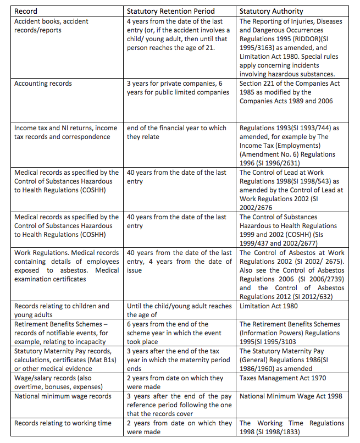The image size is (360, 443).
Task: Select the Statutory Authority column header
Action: coord(269,10)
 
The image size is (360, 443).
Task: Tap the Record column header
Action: coord(26,10)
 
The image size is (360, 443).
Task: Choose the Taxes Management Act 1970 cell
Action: coord(283,378)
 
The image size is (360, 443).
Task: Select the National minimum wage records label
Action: coord(63,396)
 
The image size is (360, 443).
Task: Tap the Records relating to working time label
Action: coord(63,423)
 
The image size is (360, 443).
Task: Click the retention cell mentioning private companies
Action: coord(178,87)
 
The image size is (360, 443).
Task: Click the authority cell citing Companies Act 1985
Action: coord(290,92)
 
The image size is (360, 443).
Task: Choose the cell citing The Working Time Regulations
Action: coord(291,427)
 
